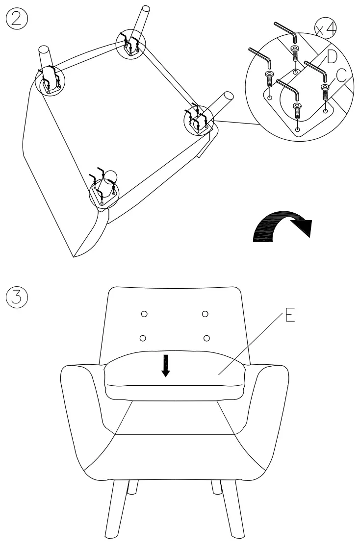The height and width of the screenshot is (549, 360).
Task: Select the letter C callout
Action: point(341,75)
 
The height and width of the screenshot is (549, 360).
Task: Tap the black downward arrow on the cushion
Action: point(166,366)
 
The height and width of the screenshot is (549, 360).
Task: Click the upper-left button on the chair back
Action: point(145,313)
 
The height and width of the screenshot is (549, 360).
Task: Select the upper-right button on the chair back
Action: point(205,313)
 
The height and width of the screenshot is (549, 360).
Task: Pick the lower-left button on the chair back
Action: point(143,338)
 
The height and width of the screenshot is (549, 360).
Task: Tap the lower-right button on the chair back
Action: point(207,338)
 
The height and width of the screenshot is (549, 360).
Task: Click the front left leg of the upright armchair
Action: point(116,510)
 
